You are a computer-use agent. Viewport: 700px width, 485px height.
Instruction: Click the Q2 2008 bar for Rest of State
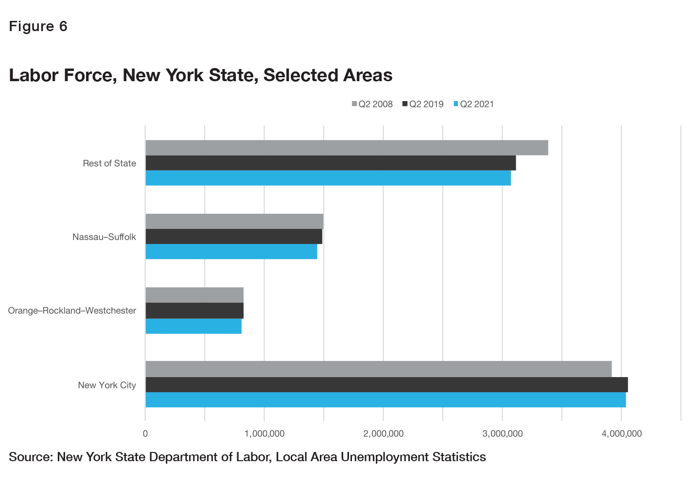pos(347,148)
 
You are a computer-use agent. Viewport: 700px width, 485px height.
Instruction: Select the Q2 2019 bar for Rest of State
pos(331,163)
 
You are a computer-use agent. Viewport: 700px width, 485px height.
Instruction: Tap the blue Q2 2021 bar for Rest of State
pos(328,178)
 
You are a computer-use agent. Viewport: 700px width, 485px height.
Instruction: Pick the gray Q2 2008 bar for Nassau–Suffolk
pos(234,221)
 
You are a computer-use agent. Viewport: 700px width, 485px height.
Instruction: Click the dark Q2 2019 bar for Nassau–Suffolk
pos(234,237)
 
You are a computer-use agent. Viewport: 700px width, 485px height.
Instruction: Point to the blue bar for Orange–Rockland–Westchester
pos(193,326)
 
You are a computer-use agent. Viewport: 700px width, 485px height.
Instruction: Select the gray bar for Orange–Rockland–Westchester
pos(194,295)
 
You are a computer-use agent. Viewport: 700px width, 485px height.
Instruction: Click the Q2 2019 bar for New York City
pos(386,384)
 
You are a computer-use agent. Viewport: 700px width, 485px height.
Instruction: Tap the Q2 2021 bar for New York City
pos(385,400)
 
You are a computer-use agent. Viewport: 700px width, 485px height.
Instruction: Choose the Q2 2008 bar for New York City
pos(378,369)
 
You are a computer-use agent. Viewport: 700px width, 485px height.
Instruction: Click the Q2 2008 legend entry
pos(372,104)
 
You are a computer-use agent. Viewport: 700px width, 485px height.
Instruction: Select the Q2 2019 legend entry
pos(423,104)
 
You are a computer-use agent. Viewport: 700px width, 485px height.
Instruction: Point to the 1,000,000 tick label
pos(264,433)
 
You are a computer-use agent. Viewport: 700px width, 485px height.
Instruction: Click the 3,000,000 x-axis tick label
pos(503,433)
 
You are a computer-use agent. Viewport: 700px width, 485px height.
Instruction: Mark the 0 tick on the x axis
pos(145,433)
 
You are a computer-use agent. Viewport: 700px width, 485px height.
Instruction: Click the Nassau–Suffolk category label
pos(104,237)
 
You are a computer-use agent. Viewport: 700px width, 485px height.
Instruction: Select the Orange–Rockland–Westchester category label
pos(72,311)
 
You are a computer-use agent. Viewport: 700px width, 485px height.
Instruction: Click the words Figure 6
pos(38,26)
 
